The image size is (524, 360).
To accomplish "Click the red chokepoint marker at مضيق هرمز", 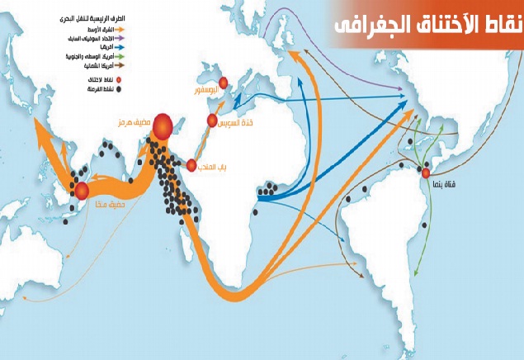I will pyautogui.click(x=163, y=125).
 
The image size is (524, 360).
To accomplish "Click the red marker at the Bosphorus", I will pyautogui.click(x=223, y=81).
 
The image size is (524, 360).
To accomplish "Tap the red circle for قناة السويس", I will pyautogui.click(x=213, y=121).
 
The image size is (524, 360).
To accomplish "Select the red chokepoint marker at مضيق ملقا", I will pyautogui.click(x=82, y=192).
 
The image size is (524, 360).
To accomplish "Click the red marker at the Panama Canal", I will pyautogui.click(x=426, y=173).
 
